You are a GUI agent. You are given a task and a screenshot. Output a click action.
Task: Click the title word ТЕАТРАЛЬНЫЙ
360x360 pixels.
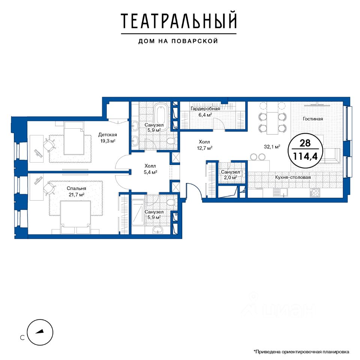point(178,21)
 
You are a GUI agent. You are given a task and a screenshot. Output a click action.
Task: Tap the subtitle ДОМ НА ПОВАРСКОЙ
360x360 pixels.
point(178,41)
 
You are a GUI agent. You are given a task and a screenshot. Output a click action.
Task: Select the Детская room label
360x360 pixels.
point(108,135)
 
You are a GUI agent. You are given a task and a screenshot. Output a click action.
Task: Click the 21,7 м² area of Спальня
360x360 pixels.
point(76,195)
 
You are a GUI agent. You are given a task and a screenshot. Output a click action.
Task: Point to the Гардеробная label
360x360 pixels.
point(205,109)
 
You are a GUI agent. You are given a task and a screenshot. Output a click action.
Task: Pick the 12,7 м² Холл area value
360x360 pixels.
point(205,148)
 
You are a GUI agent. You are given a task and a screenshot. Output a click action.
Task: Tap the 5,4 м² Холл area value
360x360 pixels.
point(150,172)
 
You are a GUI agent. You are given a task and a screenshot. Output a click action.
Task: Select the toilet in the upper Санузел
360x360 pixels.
point(171,141)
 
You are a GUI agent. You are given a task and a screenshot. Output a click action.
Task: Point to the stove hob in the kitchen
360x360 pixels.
point(315,192)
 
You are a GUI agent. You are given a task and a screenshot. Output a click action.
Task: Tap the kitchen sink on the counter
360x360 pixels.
point(280,192)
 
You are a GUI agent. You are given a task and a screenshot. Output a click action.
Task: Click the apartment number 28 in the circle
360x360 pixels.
point(305,143)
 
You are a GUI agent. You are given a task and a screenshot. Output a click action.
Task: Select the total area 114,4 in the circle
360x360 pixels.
point(305,156)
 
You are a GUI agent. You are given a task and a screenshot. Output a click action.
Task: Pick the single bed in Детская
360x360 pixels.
point(74,138)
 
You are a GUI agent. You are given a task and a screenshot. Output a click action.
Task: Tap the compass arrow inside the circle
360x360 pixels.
point(39,332)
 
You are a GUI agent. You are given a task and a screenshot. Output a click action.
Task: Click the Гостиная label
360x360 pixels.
point(313,119)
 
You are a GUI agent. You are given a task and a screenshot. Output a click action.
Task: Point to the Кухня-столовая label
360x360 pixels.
point(293,177)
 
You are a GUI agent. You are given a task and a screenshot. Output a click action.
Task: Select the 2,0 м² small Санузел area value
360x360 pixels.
point(231,177)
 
